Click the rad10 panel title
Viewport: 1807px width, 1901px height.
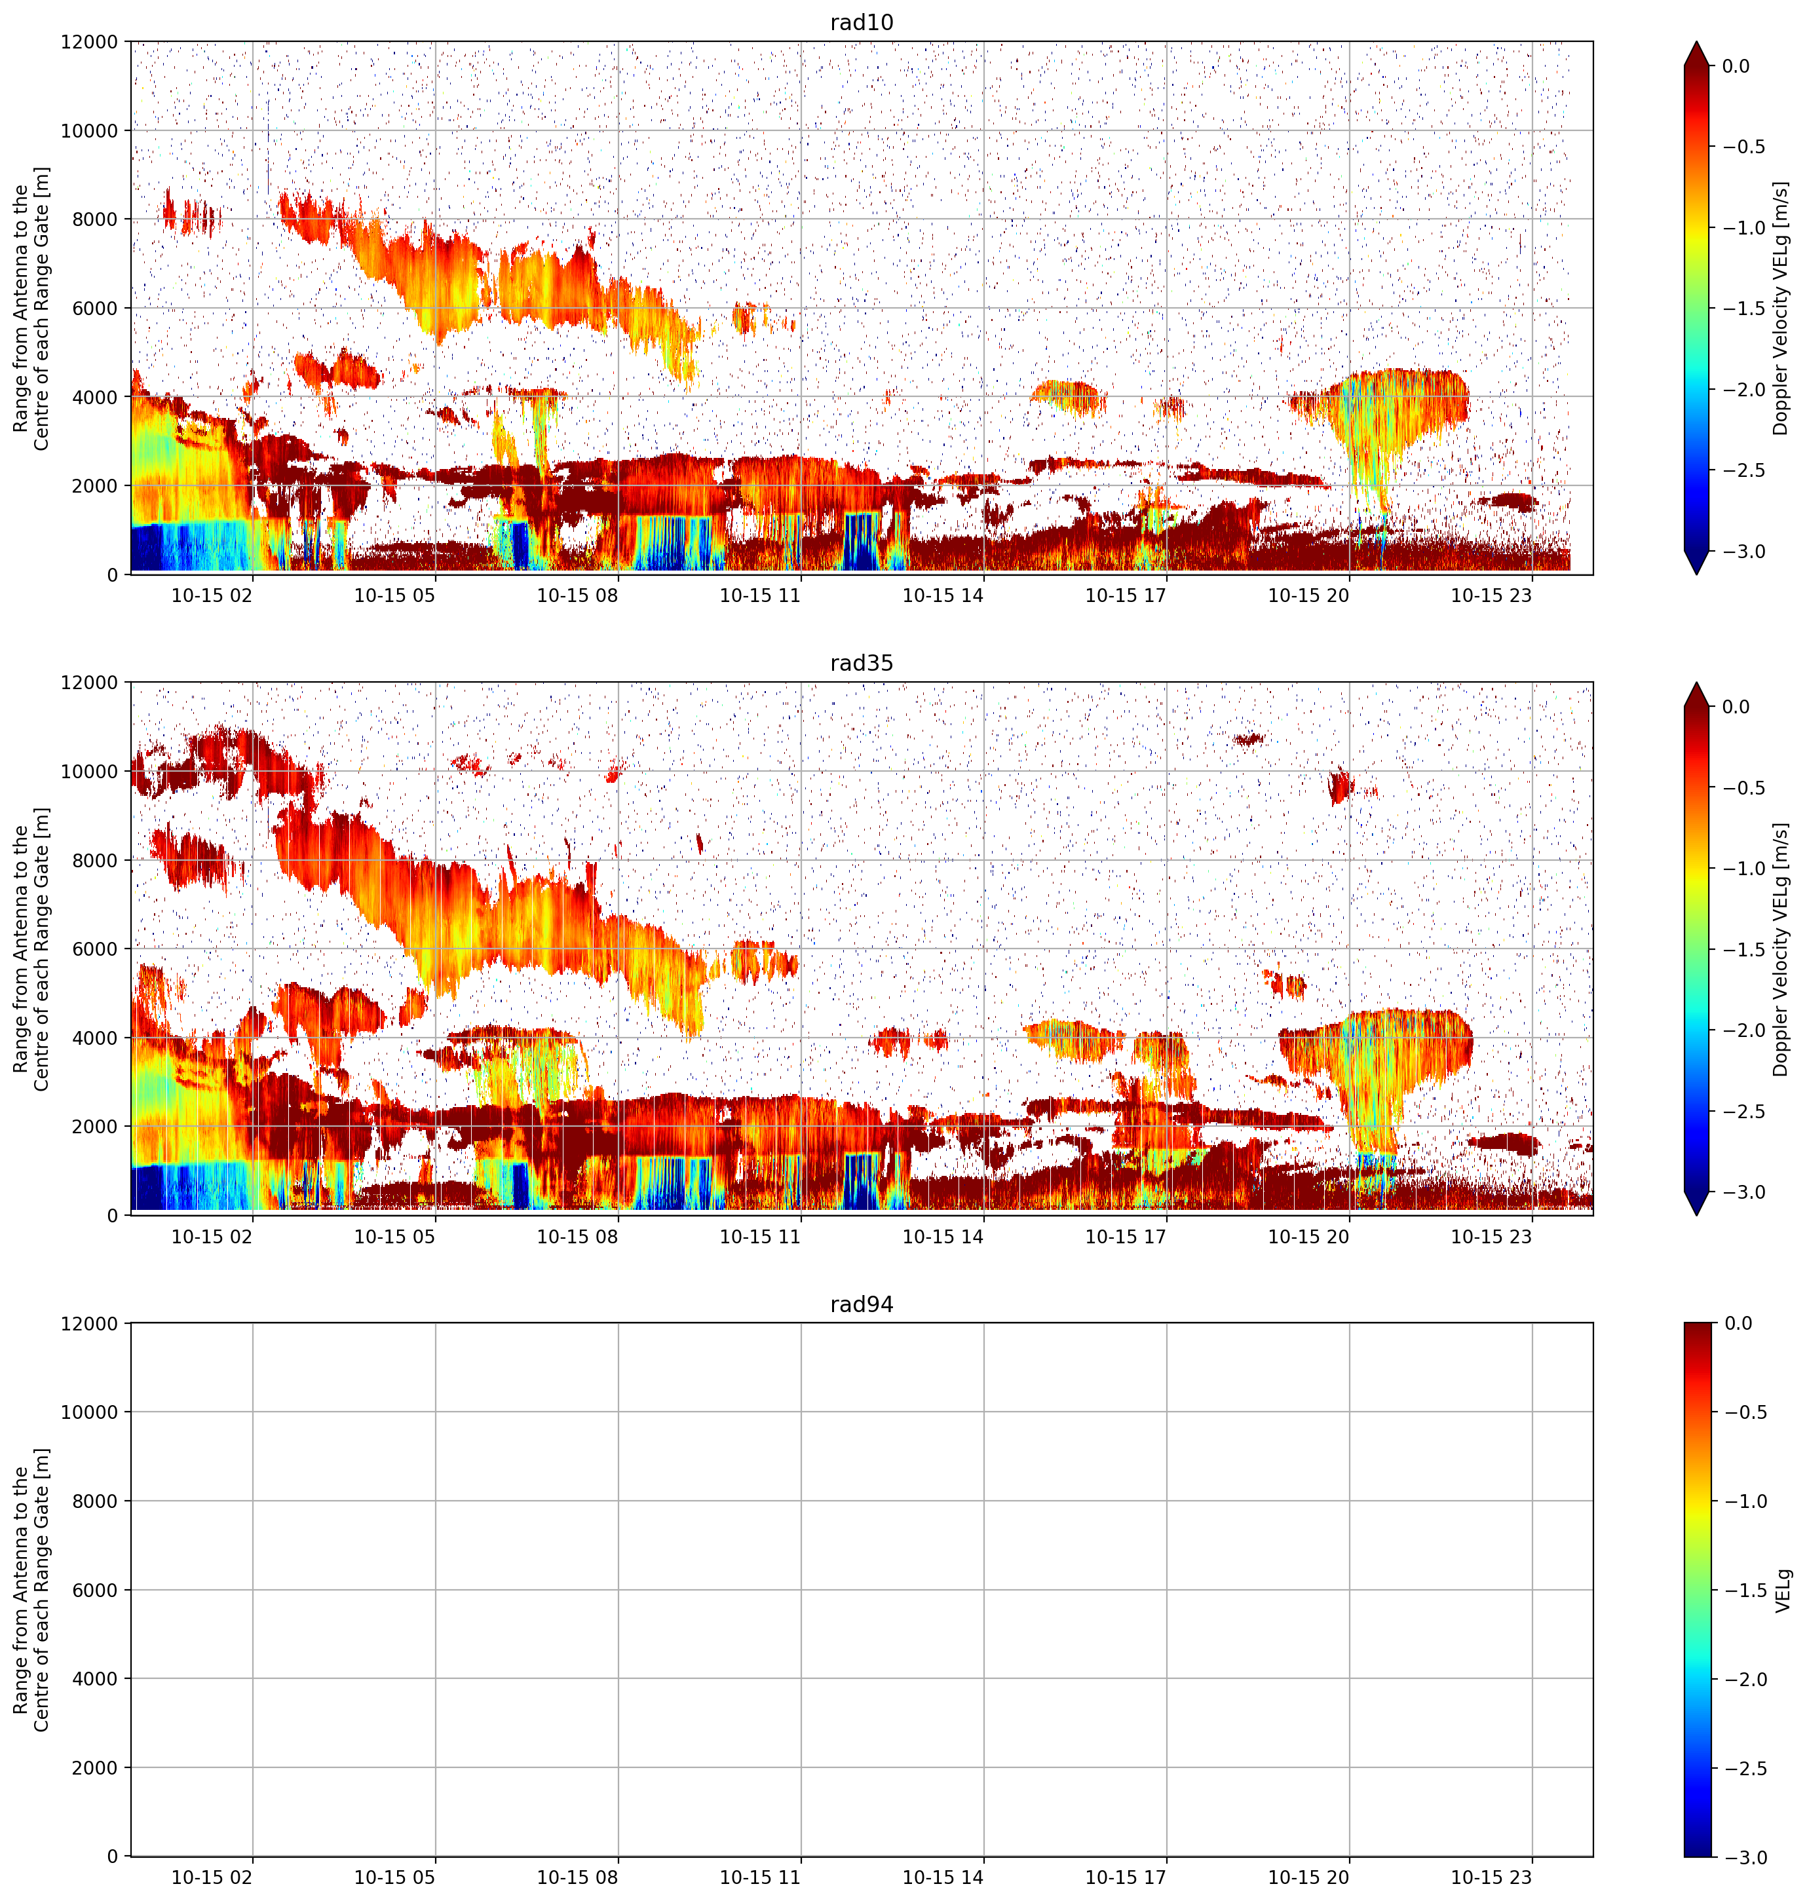coord(861,22)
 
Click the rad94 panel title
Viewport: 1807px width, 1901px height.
coord(861,1304)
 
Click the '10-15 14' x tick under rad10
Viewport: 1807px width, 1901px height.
coord(942,595)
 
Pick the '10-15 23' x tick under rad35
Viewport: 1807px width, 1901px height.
coord(1491,1235)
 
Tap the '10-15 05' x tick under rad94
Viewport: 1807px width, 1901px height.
coord(395,1877)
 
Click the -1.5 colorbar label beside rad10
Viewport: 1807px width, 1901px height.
coord(1744,308)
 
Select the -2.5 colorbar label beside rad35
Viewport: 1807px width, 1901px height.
coord(1744,1112)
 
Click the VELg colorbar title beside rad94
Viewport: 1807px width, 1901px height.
coord(1783,1590)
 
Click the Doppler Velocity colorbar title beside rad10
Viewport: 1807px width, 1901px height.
coord(1781,308)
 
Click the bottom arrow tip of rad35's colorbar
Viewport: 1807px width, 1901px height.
coord(1697,1214)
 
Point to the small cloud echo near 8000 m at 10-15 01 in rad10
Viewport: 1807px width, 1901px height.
coord(191,213)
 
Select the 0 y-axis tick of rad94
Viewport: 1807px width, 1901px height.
coord(113,1856)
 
